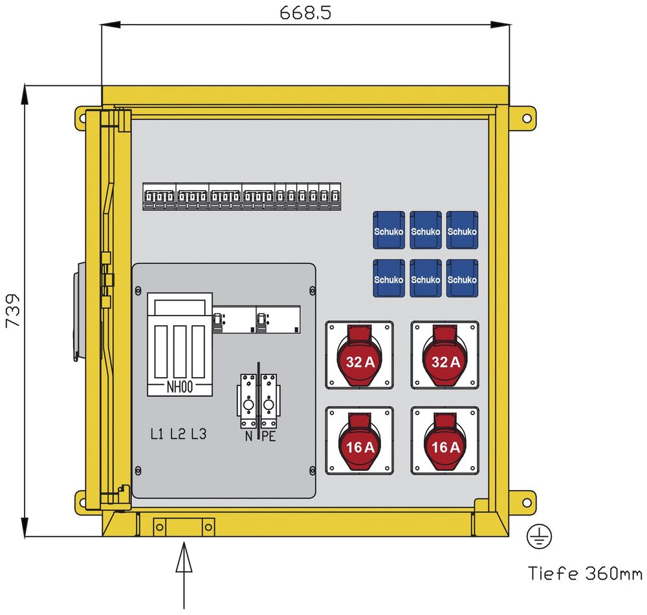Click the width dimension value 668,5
(305, 13)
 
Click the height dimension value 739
(13, 310)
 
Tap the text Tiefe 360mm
(585, 574)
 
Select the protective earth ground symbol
(539, 536)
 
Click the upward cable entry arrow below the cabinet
(184, 576)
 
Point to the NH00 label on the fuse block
(179, 387)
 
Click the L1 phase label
(157, 434)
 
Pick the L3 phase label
(199, 434)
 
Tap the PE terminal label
(269, 436)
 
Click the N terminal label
(248, 436)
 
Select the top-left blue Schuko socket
(389, 230)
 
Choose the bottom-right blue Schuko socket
(462, 279)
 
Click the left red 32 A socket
(359, 355)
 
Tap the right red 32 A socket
(445, 355)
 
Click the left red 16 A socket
(359, 440)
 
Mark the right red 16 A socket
(445, 440)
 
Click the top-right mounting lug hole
(527, 118)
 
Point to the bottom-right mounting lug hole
(527, 503)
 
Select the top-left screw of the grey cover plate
(138, 291)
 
